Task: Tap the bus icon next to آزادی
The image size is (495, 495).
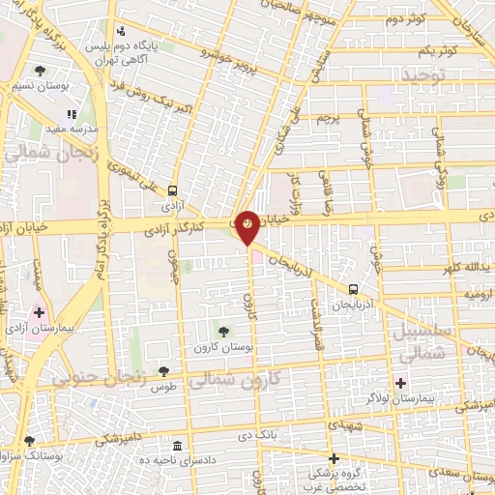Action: click(173, 189)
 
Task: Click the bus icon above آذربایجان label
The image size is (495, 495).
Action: click(354, 288)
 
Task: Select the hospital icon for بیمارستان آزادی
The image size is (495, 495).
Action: click(39, 313)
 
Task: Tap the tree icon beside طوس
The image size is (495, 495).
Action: click(164, 369)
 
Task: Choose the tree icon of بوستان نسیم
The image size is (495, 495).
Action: click(40, 71)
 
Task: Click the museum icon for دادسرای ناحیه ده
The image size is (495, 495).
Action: click(177, 446)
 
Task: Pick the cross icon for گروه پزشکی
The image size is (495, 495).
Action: click(334, 458)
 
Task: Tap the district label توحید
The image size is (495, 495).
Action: click(425, 74)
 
